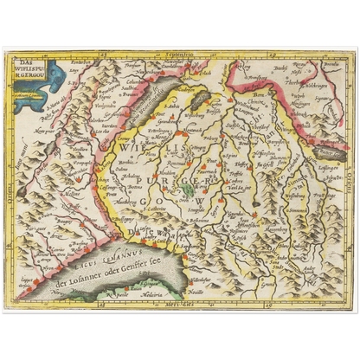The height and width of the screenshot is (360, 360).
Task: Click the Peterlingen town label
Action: (161, 124)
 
